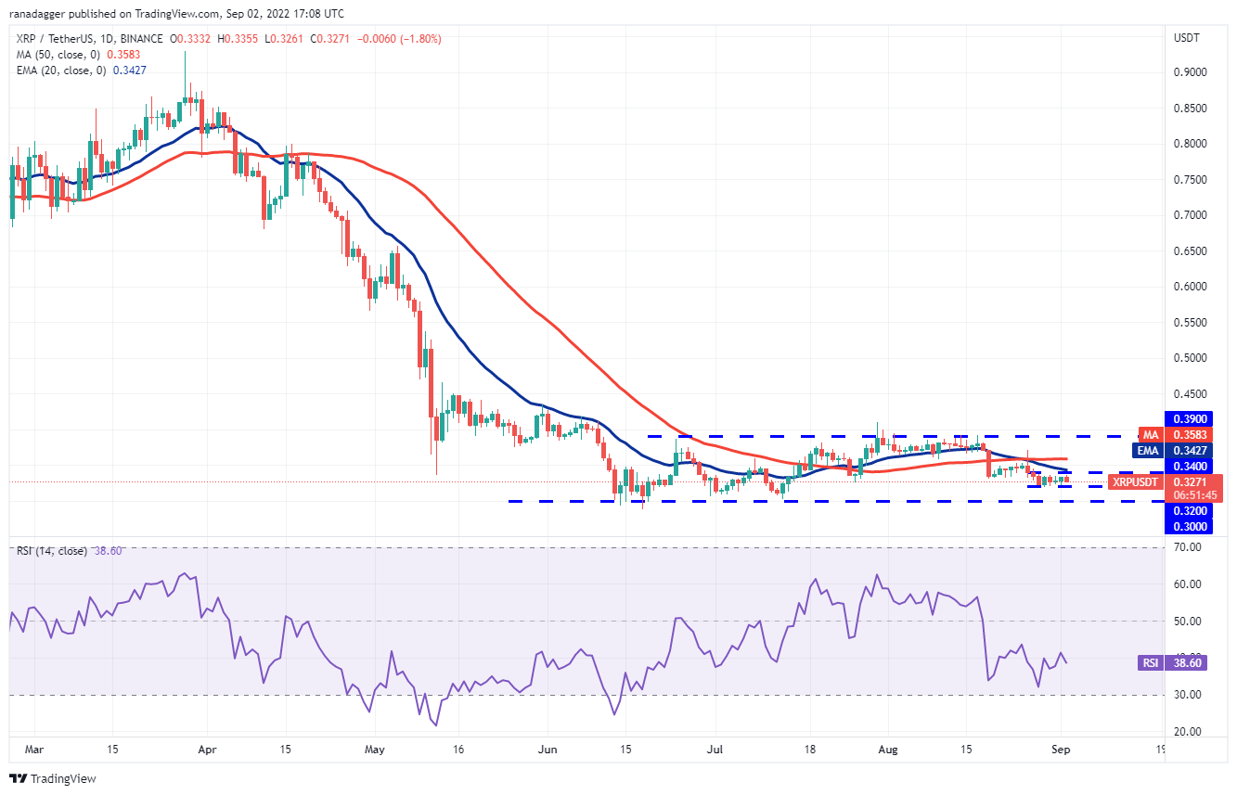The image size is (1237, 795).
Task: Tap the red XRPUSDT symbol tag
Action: (1136, 482)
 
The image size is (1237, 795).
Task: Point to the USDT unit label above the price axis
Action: (1187, 38)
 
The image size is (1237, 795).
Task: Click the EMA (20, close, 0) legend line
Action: (81, 70)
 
